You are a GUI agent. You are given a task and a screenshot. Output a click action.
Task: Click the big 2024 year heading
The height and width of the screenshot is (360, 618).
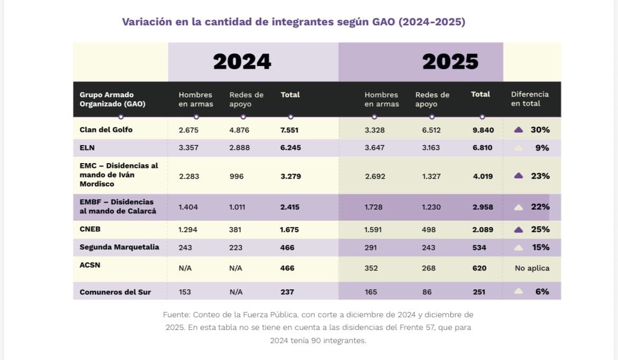tap(242, 62)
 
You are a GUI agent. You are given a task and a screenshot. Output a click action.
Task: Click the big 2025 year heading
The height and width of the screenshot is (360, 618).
tap(450, 62)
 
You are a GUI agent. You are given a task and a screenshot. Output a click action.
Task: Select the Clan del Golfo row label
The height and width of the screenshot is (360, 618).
tap(106, 130)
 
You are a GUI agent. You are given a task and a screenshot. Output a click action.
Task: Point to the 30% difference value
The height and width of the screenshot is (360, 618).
tap(540, 130)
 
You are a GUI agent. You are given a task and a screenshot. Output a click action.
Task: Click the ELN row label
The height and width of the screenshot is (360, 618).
tap(87, 148)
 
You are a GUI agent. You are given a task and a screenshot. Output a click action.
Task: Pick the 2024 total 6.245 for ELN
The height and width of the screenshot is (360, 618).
tap(291, 148)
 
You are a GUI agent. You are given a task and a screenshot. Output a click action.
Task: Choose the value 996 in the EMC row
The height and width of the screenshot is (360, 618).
tap(237, 176)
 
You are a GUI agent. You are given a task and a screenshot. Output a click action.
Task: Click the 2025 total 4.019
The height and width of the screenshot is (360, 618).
tap(482, 176)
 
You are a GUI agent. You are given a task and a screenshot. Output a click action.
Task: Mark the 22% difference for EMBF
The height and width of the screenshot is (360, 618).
tap(540, 207)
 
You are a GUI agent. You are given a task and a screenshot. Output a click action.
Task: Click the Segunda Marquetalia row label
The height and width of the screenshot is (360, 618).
tap(119, 247)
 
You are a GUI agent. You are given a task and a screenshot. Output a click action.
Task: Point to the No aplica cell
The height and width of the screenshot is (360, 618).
tap(532, 268)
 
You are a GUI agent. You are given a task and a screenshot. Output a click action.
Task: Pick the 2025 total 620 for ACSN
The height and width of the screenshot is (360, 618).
tap(479, 268)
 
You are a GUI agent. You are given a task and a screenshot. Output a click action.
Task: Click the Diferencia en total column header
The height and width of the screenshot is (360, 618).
tap(530, 99)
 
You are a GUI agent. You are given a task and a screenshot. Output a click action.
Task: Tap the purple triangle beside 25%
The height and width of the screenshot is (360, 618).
tap(519, 230)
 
